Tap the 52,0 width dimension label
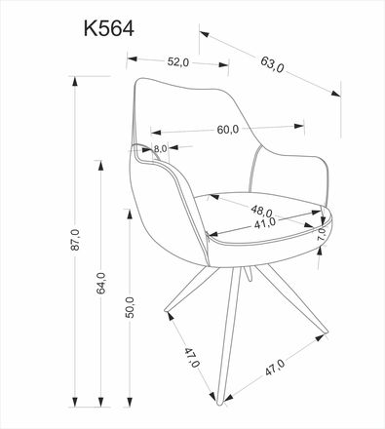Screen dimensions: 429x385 176,61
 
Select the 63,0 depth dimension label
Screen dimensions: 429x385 272,67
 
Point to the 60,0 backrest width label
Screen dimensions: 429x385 228,130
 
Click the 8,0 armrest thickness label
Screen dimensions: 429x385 161,148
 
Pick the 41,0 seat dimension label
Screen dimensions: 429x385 265,223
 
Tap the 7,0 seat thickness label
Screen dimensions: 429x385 323,235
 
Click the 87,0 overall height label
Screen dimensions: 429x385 74,240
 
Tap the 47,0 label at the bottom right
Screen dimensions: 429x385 274,369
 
